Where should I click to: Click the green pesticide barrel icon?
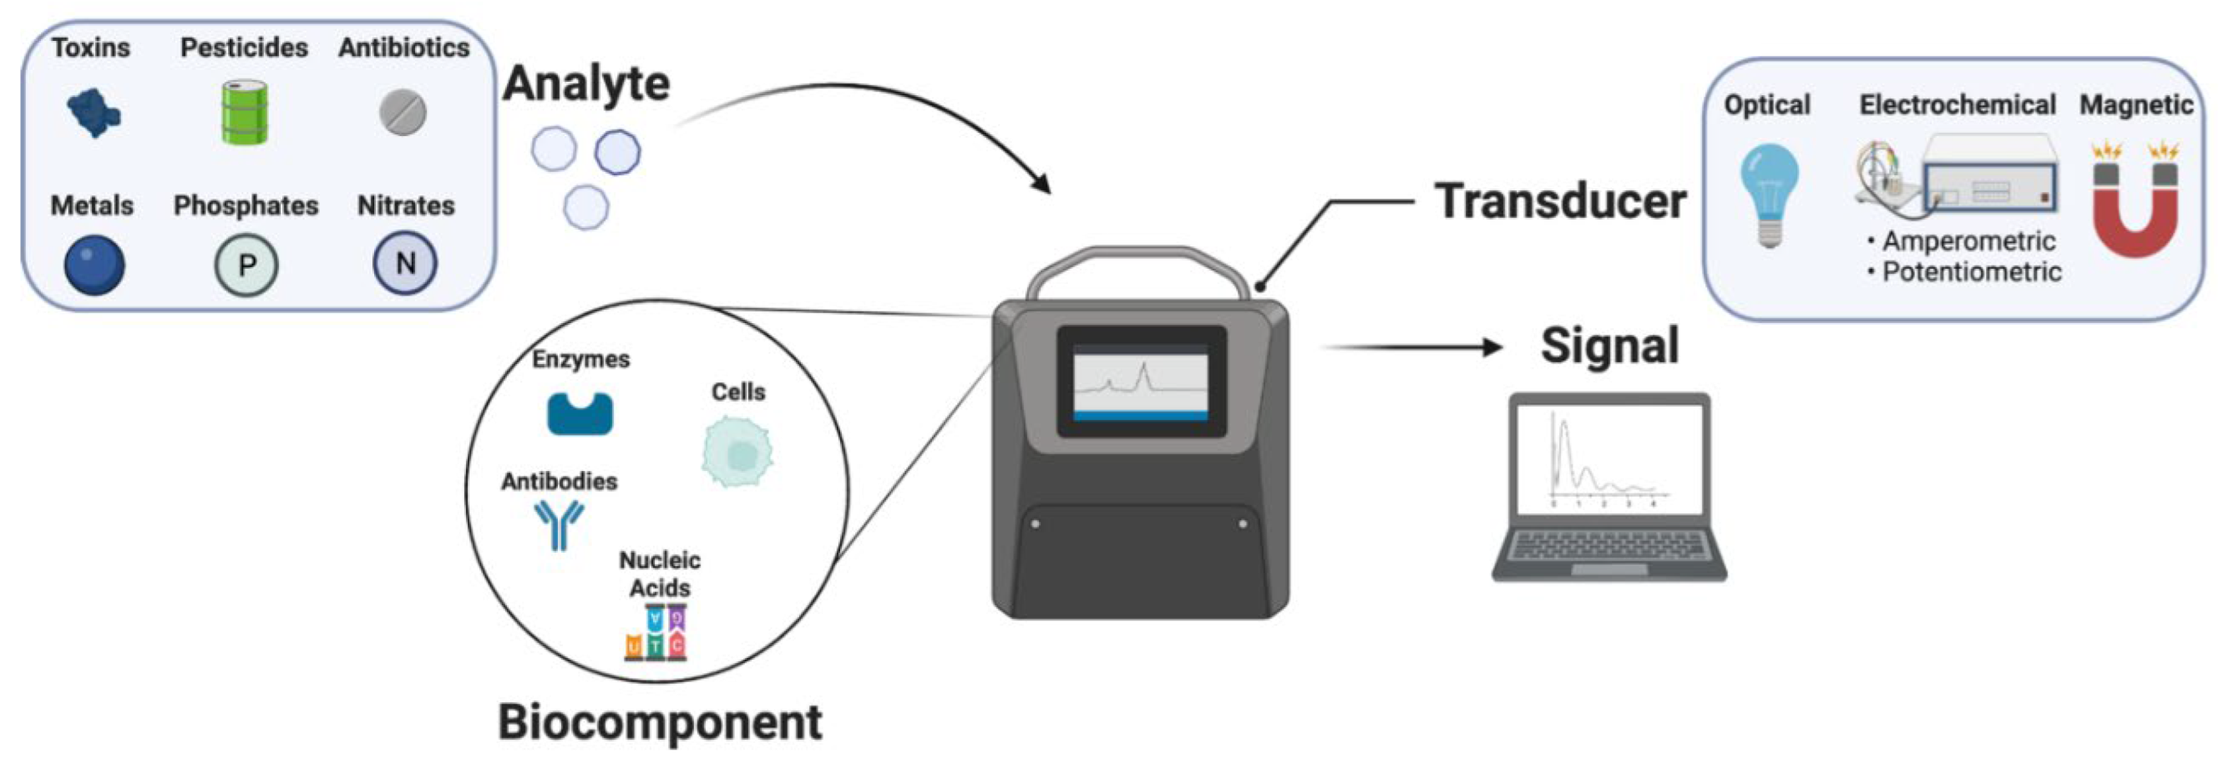click(245, 112)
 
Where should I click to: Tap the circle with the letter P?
click(246, 264)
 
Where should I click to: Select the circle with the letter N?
click(405, 263)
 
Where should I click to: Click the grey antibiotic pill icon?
click(403, 112)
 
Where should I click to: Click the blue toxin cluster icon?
click(94, 112)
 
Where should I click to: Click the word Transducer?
click(1560, 201)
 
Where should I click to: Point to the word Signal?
click(1610, 346)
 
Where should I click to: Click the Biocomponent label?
click(661, 722)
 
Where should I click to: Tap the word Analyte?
click(586, 83)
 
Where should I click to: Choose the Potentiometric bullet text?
click(1971, 272)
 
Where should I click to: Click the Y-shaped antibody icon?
click(560, 524)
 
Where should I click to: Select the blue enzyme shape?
click(580, 412)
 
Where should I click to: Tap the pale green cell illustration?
click(737, 452)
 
